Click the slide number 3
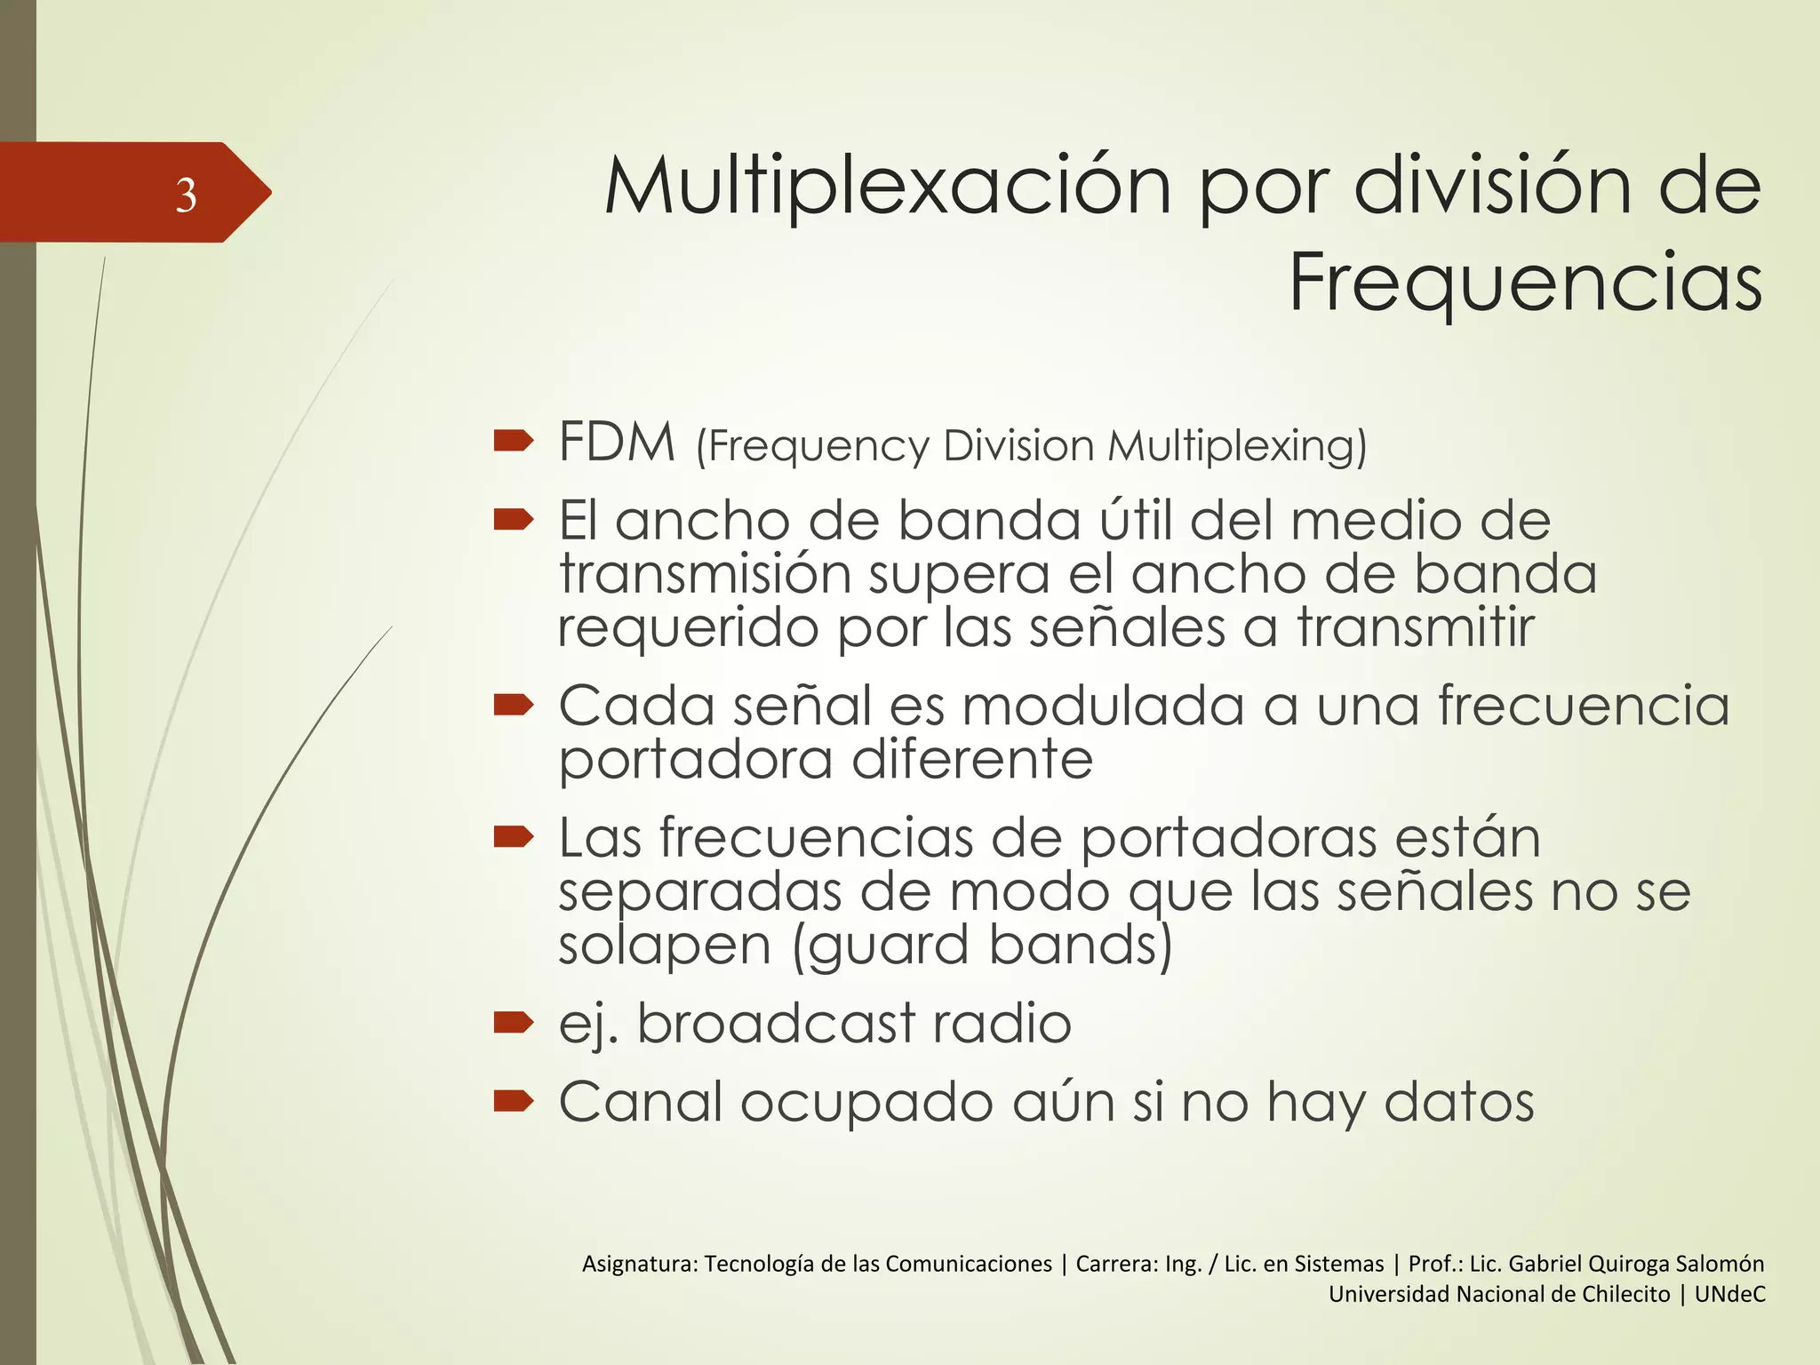pos(186,195)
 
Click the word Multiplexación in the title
pos(887,188)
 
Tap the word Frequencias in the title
pos(1525,283)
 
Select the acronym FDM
pos(617,443)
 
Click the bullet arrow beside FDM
pos(513,440)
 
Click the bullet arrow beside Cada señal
pos(513,705)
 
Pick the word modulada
pos(1103,706)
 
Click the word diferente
pos(972,760)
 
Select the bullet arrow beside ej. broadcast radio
pos(513,1022)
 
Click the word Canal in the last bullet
pos(640,1102)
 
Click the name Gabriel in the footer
pos(1545,1264)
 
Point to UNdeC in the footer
pos(1729,1294)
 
